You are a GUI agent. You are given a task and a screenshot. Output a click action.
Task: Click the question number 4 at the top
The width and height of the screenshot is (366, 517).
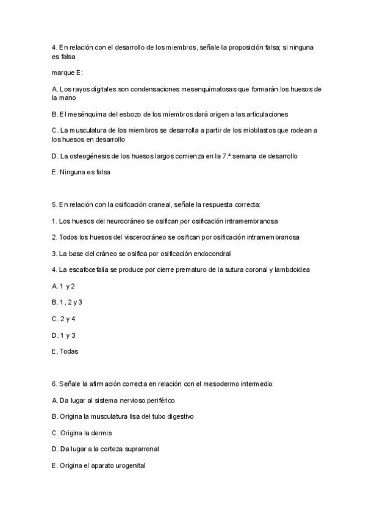[x=54, y=47]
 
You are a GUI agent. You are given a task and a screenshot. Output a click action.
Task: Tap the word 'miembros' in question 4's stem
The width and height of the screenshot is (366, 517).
[x=182, y=47]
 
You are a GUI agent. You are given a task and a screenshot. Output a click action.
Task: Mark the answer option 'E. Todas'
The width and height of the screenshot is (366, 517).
[x=65, y=351]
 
